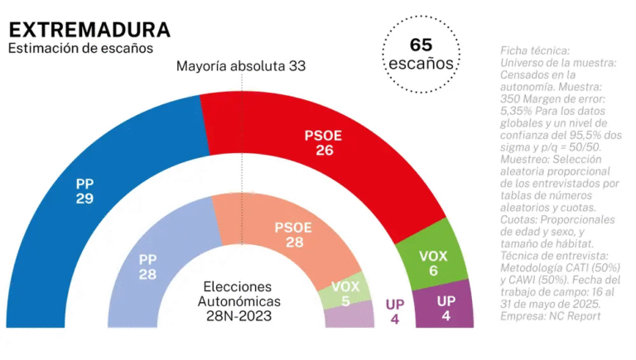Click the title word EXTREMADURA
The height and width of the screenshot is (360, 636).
(89, 30)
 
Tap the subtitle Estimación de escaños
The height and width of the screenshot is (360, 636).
(80, 49)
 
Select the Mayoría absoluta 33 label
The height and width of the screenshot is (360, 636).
(241, 65)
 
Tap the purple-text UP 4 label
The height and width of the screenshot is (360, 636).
(394, 311)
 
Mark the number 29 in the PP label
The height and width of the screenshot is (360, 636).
(84, 199)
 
